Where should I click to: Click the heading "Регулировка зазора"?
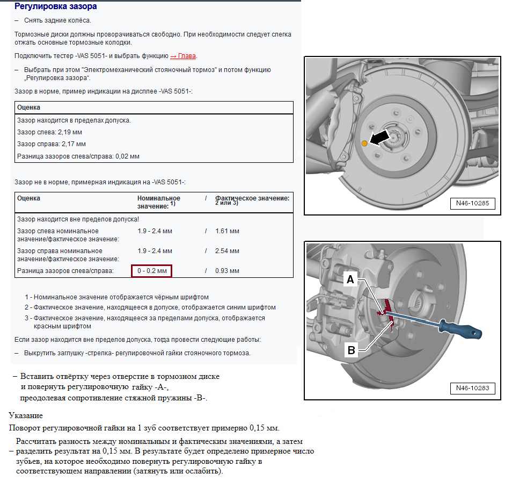click(55, 6)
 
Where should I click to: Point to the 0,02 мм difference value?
click(127, 156)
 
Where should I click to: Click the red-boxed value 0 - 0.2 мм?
click(152, 271)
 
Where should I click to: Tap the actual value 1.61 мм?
click(227, 231)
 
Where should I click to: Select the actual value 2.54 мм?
click(227, 251)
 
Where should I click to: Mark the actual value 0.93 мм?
click(227, 271)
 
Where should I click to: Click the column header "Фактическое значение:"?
click(252, 198)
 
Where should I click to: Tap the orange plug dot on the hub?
click(364, 143)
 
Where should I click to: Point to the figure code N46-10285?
click(472, 203)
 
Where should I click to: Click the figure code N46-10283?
click(472, 388)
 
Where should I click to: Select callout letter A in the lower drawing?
click(350, 279)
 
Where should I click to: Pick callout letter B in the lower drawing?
click(352, 350)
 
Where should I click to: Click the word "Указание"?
click(26, 415)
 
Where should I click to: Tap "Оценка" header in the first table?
click(29, 107)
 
